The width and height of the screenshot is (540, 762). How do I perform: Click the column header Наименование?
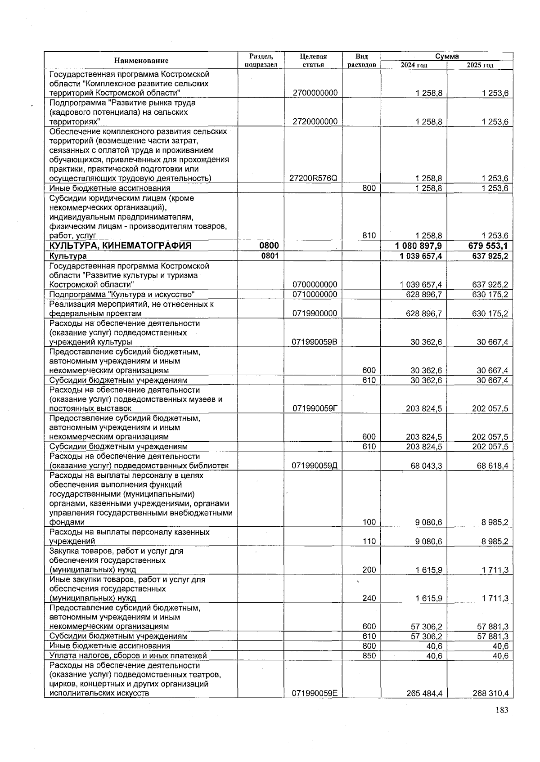point(141,61)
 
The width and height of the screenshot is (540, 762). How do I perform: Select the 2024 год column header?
point(414,65)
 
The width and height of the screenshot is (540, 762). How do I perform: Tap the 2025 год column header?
point(480,65)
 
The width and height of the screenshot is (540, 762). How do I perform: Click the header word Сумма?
point(447,56)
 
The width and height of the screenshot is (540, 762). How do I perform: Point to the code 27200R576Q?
point(315,178)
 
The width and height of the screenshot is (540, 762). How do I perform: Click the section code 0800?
point(269,246)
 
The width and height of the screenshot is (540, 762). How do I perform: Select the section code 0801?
point(269,256)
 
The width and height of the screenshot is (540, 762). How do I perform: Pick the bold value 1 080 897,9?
point(418,246)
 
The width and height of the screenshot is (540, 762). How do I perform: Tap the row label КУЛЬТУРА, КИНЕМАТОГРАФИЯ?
point(121,246)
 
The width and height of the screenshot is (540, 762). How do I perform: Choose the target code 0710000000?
point(315,295)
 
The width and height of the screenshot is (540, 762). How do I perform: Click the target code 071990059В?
point(315,342)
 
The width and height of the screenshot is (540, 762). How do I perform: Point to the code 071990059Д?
point(315,466)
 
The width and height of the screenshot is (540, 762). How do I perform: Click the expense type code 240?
point(369,599)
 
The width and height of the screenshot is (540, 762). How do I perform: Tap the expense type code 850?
point(369,656)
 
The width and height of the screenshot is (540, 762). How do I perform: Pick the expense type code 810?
point(369,236)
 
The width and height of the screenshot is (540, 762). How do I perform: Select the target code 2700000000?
point(315,93)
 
